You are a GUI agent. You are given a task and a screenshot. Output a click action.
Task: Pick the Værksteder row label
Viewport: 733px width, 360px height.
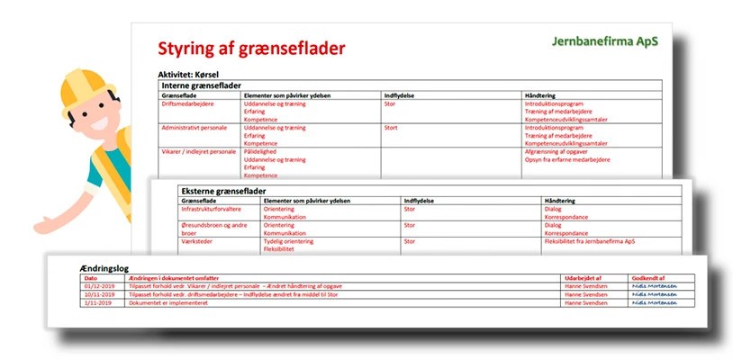[176, 240]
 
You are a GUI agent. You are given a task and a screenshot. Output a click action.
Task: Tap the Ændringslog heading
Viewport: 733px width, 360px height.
[97, 269]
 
